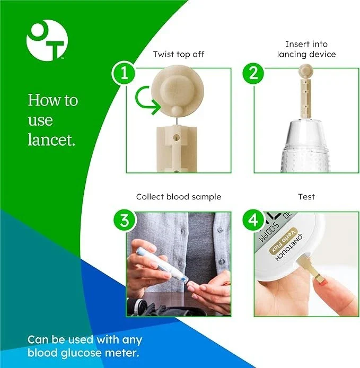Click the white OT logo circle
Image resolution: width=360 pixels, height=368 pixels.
tap(46, 40)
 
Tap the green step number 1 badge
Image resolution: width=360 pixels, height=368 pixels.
tap(125, 73)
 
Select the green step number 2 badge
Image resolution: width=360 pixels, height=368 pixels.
tap(253, 73)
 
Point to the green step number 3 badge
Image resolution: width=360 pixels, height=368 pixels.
tap(125, 220)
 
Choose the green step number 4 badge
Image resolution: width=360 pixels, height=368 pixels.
tap(253, 220)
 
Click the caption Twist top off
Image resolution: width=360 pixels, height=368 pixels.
tap(179, 54)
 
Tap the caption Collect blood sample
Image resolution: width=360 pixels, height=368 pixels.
tap(179, 197)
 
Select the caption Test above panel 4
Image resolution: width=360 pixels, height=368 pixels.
tap(306, 197)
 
